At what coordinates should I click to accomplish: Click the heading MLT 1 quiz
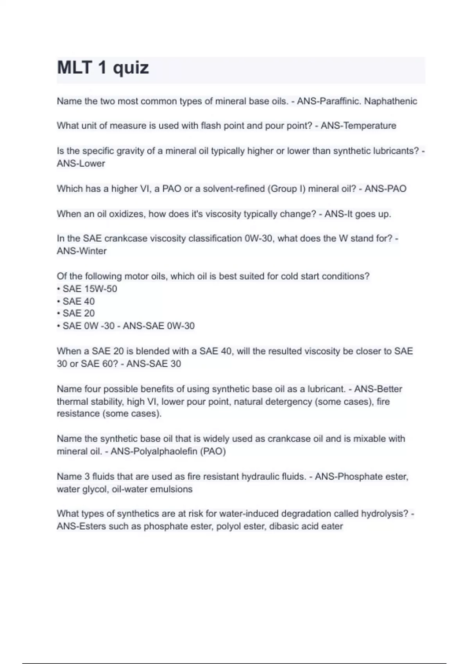coord(103,68)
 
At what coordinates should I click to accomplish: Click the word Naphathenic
coord(390,101)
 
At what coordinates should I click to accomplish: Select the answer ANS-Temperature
coord(358,126)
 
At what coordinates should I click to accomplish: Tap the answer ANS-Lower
coord(81,163)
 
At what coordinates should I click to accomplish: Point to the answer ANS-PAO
coord(385,189)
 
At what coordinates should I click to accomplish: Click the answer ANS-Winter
coord(82,251)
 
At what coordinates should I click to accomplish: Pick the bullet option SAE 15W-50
coord(90,289)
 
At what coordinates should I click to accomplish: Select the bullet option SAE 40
coord(79,301)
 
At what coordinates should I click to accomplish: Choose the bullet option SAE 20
coord(79,313)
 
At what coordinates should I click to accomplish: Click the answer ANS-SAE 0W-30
coord(159,326)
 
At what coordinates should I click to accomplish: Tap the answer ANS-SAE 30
coord(154,364)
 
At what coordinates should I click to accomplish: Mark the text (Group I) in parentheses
coord(286,189)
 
